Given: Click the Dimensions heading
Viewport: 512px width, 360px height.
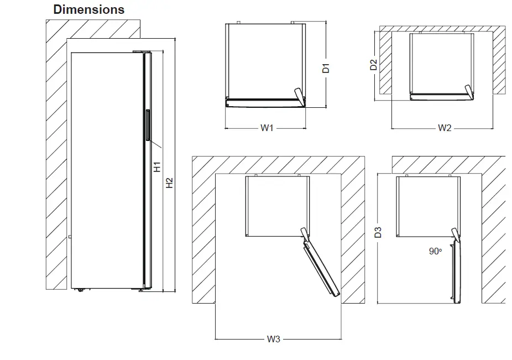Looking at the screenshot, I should tap(88, 10).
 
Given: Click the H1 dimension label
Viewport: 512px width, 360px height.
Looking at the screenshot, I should tap(157, 166).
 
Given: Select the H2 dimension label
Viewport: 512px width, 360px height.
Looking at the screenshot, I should tap(170, 182).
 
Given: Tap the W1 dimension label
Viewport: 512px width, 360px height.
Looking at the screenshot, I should tap(267, 128).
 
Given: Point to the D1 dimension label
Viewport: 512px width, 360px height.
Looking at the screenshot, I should tap(326, 69).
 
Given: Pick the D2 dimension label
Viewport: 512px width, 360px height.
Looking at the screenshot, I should tap(374, 65).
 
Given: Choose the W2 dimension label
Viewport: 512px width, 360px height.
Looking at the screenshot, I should tap(445, 128).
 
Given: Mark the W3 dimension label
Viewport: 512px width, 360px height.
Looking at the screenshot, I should tap(274, 339).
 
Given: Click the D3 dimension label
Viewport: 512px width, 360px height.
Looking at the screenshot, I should tap(378, 232).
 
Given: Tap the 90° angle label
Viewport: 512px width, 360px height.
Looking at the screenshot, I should tap(435, 251).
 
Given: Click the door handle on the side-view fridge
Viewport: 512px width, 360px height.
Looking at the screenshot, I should tap(148, 127).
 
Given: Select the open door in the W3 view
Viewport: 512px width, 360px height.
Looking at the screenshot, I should tap(321, 266).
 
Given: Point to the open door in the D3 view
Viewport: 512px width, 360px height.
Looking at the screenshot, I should tap(456, 272).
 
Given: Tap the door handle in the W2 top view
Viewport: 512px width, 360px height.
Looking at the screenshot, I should tap(470, 91).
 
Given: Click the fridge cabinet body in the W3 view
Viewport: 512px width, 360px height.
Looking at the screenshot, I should tap(275, 206).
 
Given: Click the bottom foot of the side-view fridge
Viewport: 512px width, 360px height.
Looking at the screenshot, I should tap(81, 289).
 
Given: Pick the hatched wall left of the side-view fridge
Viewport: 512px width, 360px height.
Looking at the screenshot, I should tap(55, 166).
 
